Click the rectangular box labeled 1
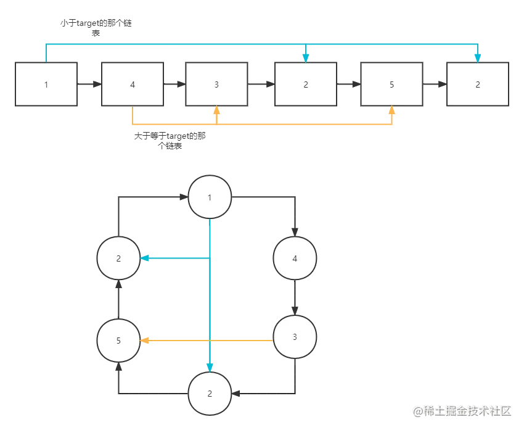point(46,84)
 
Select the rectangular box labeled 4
point(133,84)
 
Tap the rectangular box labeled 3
point(216,84)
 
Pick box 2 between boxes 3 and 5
point(306,84)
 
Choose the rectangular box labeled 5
point(392,84)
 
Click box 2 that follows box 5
point(478,84)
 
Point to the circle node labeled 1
point(210,197)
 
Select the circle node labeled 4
point(295,258)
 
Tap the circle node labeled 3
point(295,337)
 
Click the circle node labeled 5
point(119,341)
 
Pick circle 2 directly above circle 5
point(119,258)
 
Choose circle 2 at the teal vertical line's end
point(210,393)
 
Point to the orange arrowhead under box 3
point(216,111)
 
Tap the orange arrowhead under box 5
point(392,111)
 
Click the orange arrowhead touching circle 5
point(145,341)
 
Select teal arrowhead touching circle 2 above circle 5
point(145,258)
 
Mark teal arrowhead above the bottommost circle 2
point(210,366)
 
